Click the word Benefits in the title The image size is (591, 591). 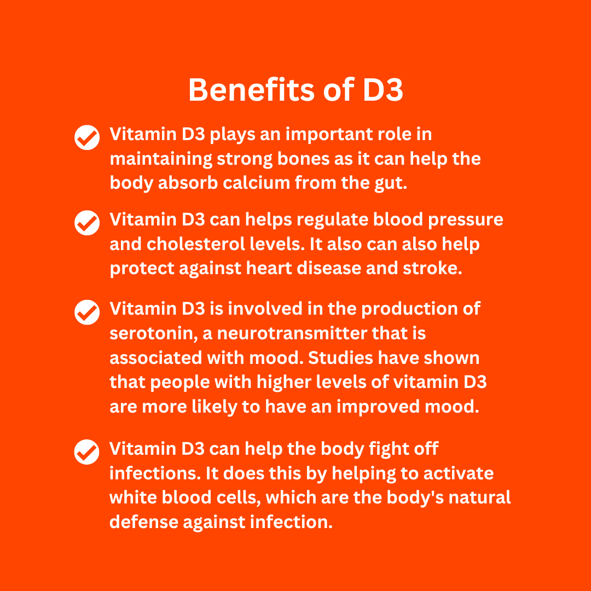tap(251, 90)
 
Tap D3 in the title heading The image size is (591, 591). tap(383, 90)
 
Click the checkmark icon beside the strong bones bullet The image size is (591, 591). tap(87, 137)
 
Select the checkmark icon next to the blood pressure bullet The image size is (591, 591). tap(87, 223)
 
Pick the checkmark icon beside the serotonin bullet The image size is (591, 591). tap(87, 312)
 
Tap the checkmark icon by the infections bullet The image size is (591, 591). tap(86, 452)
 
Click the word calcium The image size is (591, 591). tap(256, 183)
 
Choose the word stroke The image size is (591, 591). tap(432, 268)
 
